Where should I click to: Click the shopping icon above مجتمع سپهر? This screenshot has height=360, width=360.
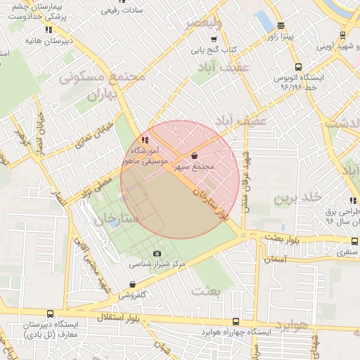tap(194, 155)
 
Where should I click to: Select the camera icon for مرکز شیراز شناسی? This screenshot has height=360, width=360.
tap(157, 254)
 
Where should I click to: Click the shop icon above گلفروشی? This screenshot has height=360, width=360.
tap(132, 285)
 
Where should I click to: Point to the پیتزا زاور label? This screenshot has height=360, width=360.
tap(288, 34)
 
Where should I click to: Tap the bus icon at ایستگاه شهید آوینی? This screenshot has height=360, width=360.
tap(342, 34)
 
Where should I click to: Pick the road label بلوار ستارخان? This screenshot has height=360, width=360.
tap(212, 206)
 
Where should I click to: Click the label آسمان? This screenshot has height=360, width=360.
tap(276, 259)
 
